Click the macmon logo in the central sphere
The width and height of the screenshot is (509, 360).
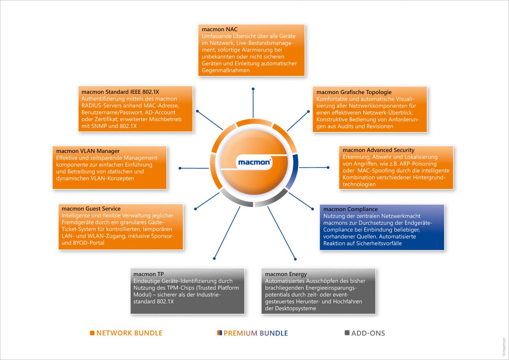pos(254,162)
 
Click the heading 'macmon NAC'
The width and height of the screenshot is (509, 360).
pos(220,29)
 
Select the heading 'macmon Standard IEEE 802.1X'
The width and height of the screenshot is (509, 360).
pos(120,92)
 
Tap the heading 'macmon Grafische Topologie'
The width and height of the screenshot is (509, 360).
pos(354,92)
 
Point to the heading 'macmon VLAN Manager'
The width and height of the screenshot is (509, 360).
pos(88,151)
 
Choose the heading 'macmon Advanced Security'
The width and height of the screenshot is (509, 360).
pos(378,150)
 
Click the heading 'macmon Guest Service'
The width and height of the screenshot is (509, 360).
pos(91,208)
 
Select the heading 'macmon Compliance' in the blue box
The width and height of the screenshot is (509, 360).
pos(350,209)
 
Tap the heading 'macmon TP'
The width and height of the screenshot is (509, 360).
pos(148,274)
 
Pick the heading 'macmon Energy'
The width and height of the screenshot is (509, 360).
pos(286,274)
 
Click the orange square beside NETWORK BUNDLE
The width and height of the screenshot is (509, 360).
pos(92,333)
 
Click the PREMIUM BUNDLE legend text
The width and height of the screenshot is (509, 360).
pos(256,333)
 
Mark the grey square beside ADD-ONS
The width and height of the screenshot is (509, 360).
pos(347,333)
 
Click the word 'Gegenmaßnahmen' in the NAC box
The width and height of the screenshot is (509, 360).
pos(225,70)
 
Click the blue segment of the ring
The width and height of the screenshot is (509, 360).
pos(293,171)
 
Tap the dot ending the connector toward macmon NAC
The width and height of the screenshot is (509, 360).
pos(253,89)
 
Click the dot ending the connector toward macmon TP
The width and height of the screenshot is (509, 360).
pos(215,258)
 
